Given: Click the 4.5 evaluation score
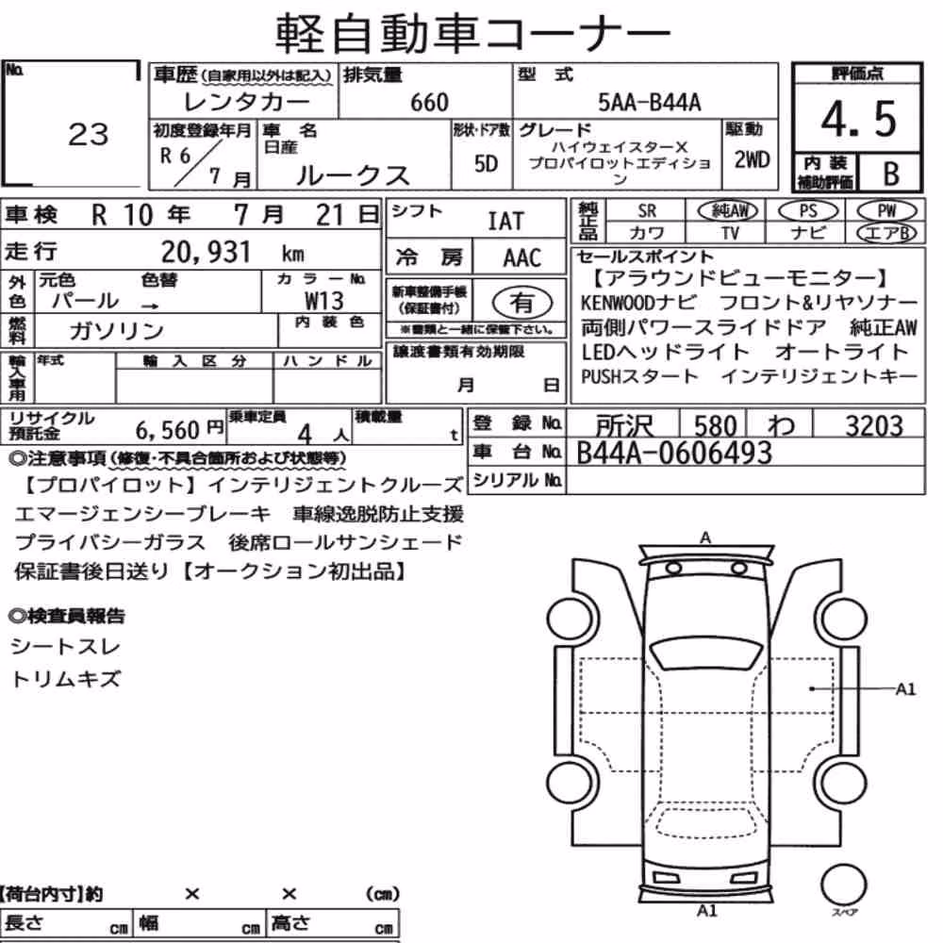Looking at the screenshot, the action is (859, 119).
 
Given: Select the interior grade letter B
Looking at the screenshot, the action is (891, 174).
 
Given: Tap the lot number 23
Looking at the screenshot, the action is (89, 134).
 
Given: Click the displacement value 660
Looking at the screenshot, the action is (429, 103).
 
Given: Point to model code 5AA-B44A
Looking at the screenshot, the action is (650, 103).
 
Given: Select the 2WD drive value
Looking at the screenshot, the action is (752, 160).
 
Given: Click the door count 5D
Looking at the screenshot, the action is (486, 163).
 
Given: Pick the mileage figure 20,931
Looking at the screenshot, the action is (206, 252).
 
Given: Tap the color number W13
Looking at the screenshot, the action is (324, 300).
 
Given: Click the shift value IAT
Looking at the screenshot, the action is (505, 222).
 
